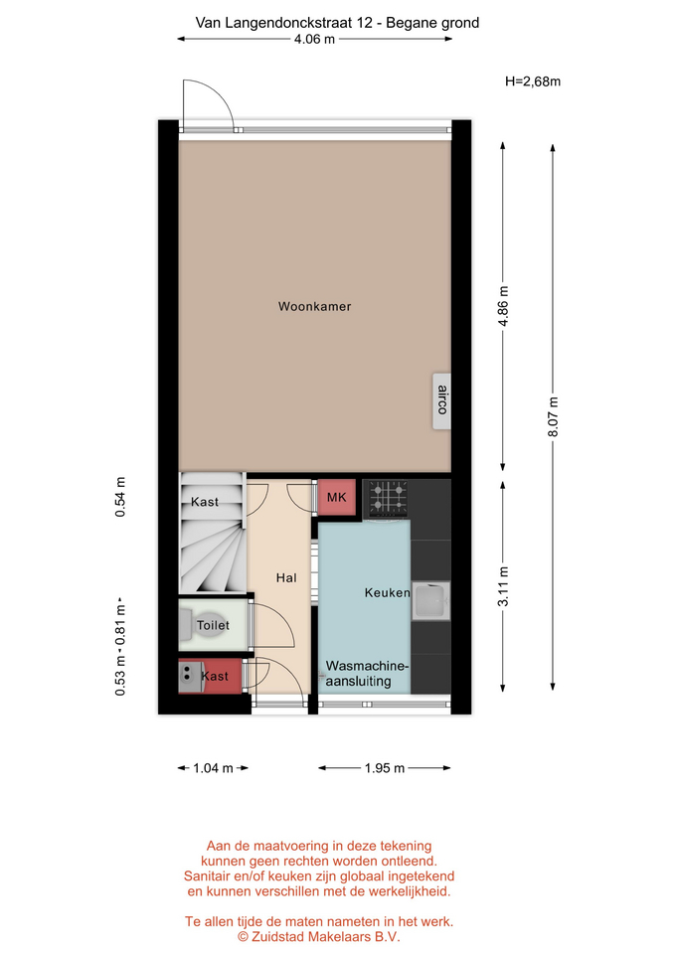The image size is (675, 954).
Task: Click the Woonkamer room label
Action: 315,307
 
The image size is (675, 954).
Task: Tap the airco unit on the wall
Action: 442,400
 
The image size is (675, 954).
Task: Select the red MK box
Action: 337,497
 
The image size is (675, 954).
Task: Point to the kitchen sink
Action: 430,600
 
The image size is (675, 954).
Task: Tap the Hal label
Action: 286,578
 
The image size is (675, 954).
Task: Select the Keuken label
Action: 387,592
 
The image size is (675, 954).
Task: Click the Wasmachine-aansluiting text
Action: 367,674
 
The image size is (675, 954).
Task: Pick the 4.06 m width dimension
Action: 314,40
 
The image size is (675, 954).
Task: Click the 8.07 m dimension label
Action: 553,416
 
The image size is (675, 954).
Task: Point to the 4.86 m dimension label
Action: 503,306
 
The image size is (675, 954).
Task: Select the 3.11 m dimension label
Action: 503,586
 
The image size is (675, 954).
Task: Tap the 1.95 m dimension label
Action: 385,768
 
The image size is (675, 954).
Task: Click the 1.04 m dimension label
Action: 213,768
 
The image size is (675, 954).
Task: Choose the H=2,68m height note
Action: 533,80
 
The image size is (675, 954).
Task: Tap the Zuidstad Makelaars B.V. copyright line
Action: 319,937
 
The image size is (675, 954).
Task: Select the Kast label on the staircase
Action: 205,502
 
